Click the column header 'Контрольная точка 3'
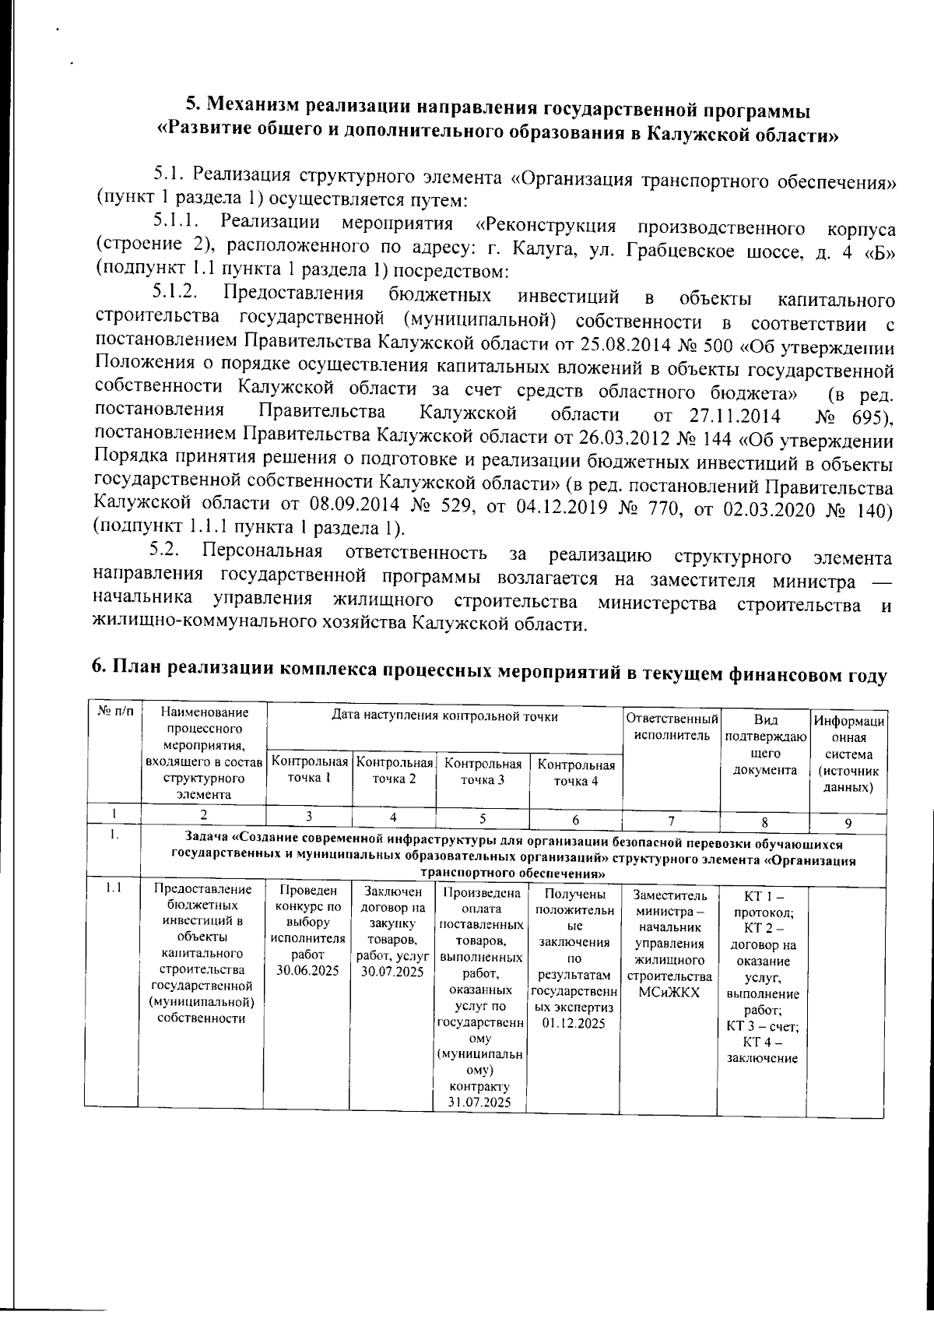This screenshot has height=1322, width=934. [482, 772]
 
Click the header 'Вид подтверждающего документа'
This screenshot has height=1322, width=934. [765, 744]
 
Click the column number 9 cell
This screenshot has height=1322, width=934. [848, 822]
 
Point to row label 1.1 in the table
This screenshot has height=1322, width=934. [112, 888]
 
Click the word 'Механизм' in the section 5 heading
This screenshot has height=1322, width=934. [251, 107]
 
